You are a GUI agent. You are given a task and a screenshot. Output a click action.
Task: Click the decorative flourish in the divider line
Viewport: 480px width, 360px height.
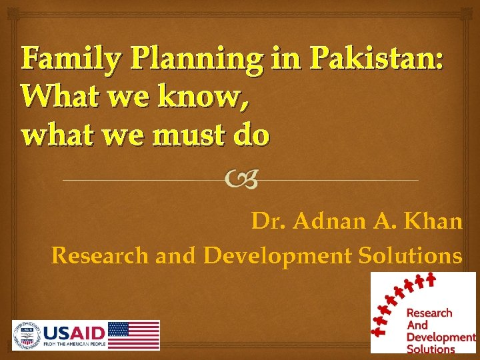pyautogui.click(x=241, y=179)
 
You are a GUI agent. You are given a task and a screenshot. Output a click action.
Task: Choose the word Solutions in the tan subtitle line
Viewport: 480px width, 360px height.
pyautogui.click(x=410, y=255)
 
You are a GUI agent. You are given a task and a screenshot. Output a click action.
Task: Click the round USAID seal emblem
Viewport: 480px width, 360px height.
pyautogui.click(x=26, y=334)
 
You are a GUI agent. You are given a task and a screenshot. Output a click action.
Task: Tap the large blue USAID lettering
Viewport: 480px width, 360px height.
pyautogui.click(x=74, y=332)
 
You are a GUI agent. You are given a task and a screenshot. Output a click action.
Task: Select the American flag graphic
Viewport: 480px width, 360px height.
pyautogui.click(x=133, y=335)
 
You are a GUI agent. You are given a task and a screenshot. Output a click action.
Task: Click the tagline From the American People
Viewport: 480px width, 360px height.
pyautogui.click(x=74, y=345)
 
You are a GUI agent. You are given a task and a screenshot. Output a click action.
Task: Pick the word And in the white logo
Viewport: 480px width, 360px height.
pyautogui.click(x=417, y=325)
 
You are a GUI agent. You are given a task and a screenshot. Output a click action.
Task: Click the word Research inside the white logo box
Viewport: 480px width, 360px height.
pyautogui.click(x=429, y=313)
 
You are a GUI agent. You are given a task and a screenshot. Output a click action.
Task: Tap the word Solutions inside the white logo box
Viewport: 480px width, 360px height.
pyautogui.click(x=431, y=349)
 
